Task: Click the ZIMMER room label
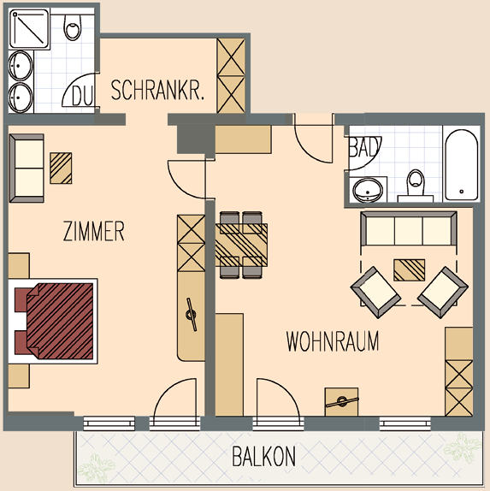point(93,231)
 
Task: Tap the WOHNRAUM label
point(333,340)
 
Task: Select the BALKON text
point(263,456)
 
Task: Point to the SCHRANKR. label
point(157,90)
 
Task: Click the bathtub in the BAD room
point(462,165)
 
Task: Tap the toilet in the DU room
point(73,27)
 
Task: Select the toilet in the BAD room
point(416,186)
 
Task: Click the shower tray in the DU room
point(29,29)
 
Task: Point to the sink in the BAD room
point(368,190)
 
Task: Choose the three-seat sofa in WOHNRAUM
point(409,228)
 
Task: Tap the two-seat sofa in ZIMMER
point(27,169)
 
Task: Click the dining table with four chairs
point(241,245)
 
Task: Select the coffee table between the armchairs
point(410,270)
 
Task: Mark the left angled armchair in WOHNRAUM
point(376,293)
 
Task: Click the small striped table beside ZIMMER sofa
point(61,169)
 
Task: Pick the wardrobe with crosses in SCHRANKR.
point(231,75)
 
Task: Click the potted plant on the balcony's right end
point(462,447)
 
